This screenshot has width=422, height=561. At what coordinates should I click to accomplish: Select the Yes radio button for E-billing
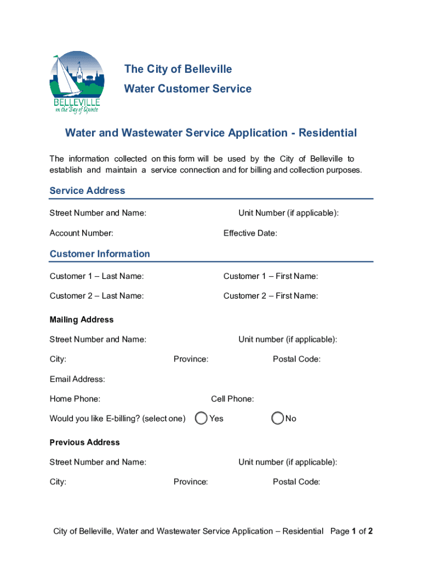click(202, 419)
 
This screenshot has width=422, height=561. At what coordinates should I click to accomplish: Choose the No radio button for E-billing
click(278, 419)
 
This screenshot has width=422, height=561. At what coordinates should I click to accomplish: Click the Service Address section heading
click(87, 191)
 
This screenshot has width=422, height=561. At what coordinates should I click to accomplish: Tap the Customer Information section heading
click(99, 254)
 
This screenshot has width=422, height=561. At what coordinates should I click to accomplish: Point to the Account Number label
click(81, 233)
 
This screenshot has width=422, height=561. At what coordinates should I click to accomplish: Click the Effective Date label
click(250, 233)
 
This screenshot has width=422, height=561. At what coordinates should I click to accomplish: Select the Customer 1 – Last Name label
click(96, 276)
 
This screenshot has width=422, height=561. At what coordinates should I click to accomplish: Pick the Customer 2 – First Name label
click(270, 296)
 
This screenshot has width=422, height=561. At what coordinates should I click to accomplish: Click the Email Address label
click(77, 379)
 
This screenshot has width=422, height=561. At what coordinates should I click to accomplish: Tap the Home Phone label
click(75, 399)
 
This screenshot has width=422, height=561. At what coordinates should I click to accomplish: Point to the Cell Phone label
click(232, 399)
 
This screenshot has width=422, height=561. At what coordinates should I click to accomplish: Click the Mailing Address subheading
click(81, 319)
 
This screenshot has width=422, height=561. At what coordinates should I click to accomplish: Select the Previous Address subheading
click(84, 442)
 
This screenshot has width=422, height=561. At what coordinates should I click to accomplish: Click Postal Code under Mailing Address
click(296, 359)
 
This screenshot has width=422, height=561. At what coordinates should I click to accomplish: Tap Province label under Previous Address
click(191, 482)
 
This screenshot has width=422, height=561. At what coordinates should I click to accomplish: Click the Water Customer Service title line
click(187, 89)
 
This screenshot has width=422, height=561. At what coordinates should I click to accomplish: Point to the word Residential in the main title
click(328, 133)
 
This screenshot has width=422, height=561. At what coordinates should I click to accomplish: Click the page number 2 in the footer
click(370, 531)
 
